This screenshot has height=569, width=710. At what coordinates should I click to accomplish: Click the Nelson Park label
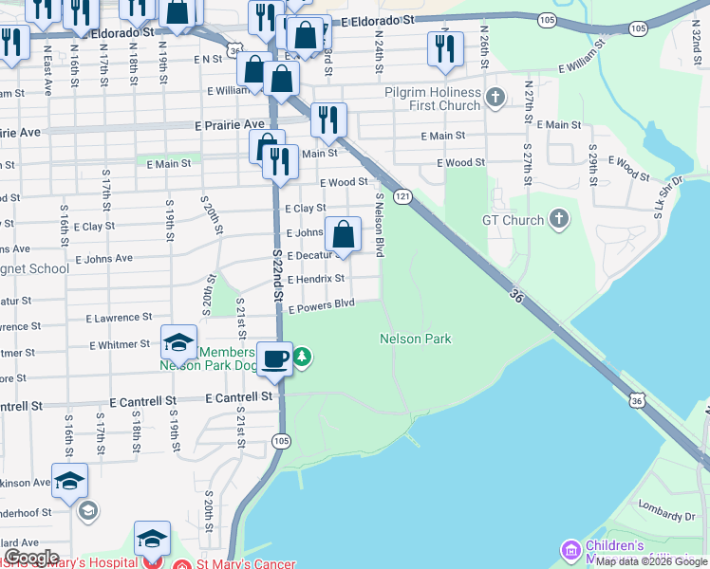pos(415,339)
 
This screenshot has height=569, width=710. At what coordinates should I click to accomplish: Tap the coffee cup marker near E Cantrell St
pos(274,358)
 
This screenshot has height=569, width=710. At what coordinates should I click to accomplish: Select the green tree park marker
pos(302,358)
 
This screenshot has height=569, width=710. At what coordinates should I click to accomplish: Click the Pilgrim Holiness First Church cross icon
pos(495,97)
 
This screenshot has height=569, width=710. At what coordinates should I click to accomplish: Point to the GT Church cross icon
pos(559,220)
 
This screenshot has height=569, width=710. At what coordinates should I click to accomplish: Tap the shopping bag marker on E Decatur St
pos(344,233)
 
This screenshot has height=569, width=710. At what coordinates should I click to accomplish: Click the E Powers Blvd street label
pos(321,304)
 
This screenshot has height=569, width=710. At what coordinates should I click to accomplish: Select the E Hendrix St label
pos(315,279)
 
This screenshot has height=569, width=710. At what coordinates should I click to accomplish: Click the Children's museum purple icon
pos(570,550)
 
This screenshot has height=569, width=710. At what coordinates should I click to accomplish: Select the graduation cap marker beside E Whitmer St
pos(178,342)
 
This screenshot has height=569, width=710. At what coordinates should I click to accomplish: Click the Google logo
pos(30,558)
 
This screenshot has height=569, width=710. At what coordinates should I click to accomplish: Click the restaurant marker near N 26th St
pos(445,49)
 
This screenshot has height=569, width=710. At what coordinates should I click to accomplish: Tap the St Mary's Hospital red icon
pos(148,564)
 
